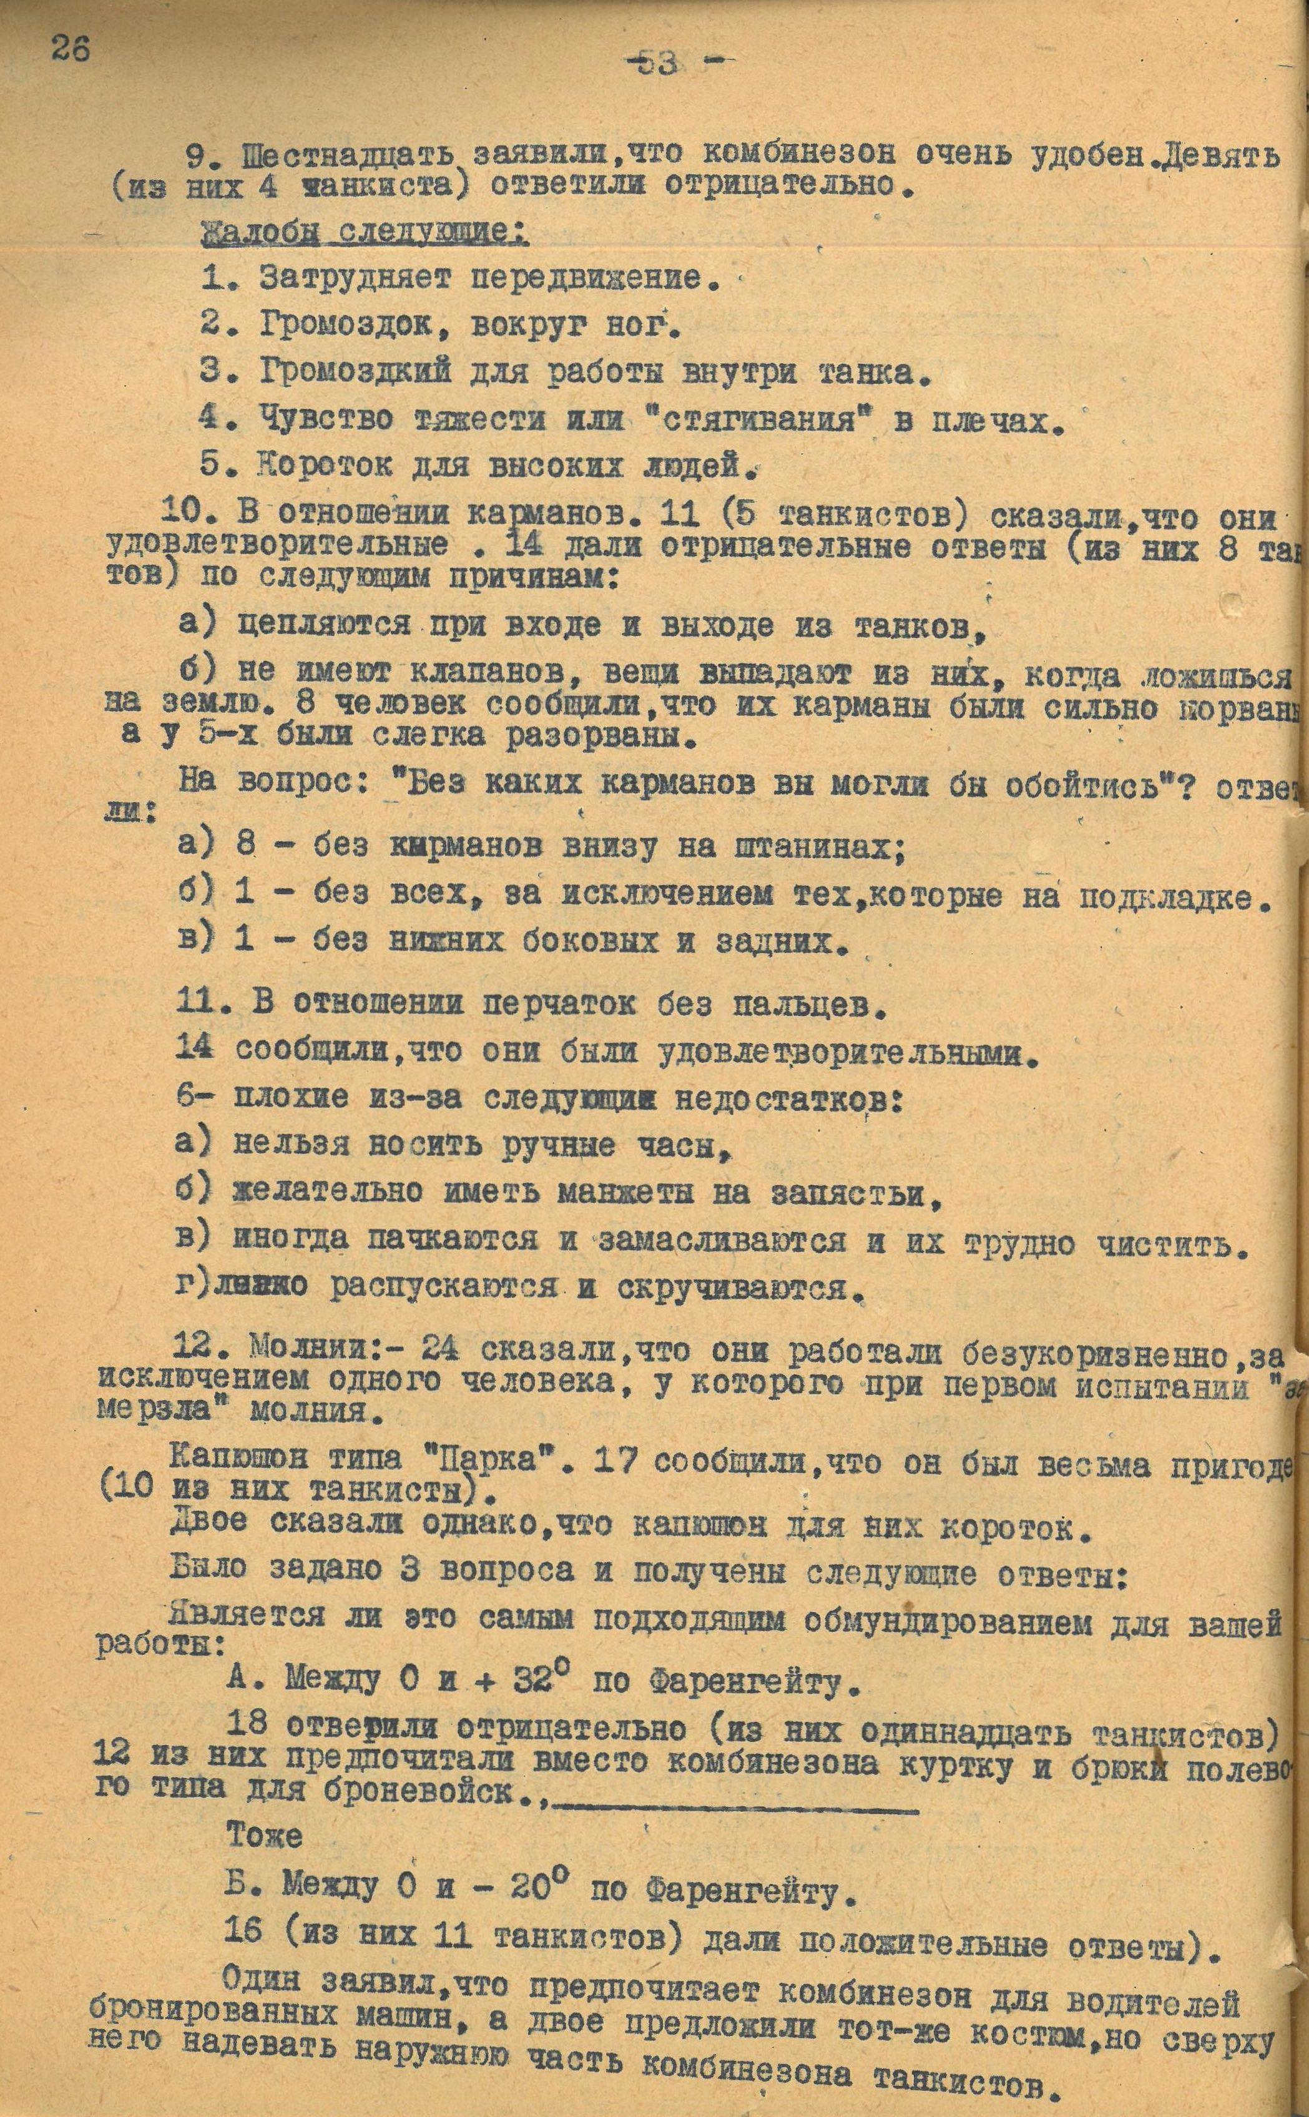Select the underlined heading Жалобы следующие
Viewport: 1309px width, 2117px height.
coord(363,233)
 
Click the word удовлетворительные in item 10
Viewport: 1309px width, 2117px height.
coord(277,546)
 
